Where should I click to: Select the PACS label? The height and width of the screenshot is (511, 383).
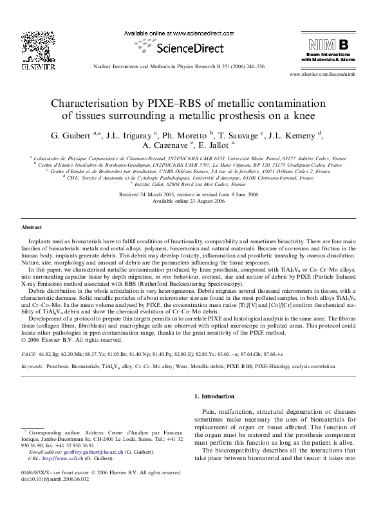coord(28,336)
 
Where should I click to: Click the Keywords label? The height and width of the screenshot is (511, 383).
coord(33,348)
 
